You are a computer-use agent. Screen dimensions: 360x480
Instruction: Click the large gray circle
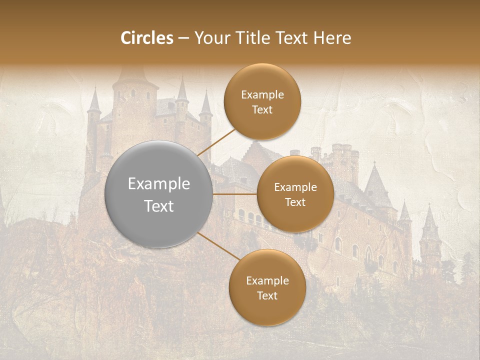(158, 194)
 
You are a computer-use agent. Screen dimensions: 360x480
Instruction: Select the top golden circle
(262, 101)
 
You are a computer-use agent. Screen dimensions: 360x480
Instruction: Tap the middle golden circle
(295, 194)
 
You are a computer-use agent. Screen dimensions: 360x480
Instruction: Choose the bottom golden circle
(267, 287)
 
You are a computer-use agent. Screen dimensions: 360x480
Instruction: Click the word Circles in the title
(147, 38)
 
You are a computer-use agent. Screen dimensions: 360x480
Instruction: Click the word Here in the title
(332, 38)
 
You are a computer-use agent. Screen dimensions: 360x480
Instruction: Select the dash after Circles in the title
(183, 38)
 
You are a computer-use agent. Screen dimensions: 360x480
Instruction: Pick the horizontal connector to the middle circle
(234, 194)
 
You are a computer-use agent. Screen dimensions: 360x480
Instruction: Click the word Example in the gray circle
(158, 183)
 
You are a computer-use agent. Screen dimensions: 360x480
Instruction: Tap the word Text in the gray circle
(158, 205)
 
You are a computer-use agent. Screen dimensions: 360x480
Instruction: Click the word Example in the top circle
(262, 94)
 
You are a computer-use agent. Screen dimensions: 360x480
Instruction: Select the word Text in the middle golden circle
(295, 202)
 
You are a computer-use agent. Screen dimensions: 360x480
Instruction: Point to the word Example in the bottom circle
(267, 280)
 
